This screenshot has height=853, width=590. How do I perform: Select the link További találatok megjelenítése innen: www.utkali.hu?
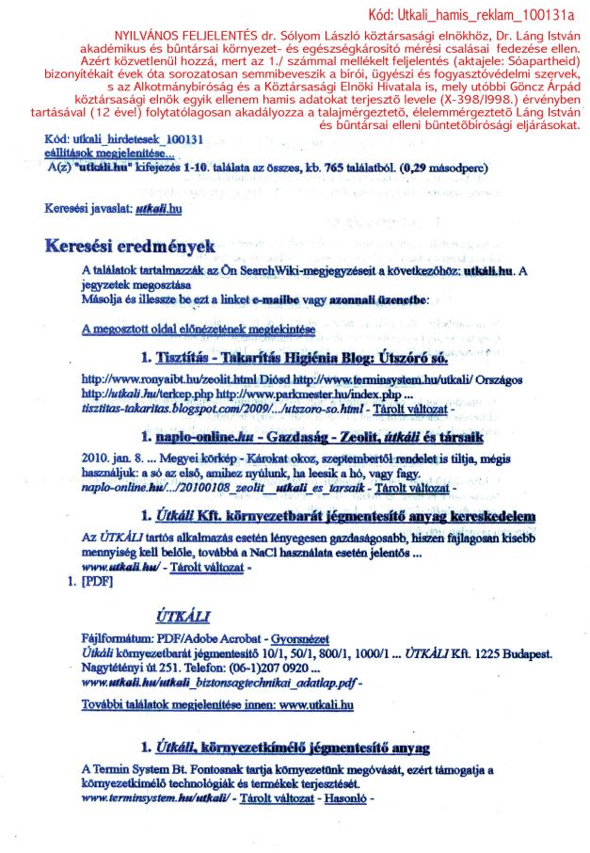click(x=217, y=703)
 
